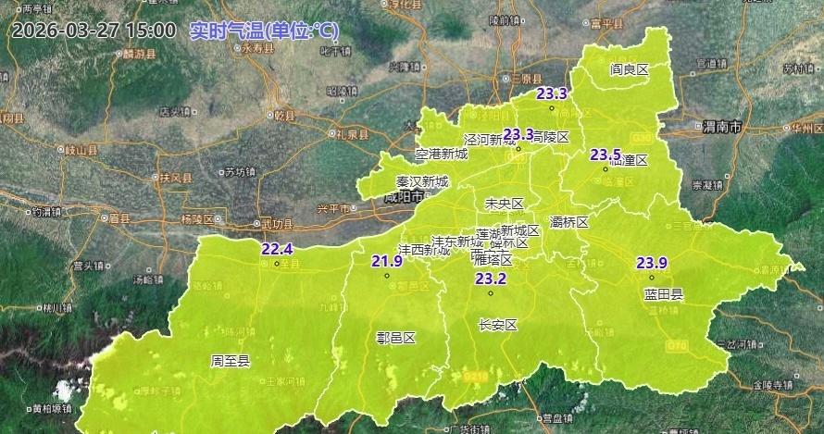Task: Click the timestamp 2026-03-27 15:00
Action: click(94, 30)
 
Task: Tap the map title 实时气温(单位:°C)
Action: click(264, 31)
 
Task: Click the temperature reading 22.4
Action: click(277, 249)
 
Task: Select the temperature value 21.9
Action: click(387, 261)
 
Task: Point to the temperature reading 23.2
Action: click(491, 279)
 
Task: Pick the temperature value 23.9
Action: click(652, 263)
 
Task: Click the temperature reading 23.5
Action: click(606, 154)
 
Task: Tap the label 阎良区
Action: click(629, 69)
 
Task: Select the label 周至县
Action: click(231, 361)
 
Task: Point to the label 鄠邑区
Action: click(396, 338)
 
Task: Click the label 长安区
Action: click(497, 325)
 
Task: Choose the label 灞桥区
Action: click(569, 222)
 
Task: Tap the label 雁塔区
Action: click(491, 259)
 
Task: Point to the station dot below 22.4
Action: click(277, 264)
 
